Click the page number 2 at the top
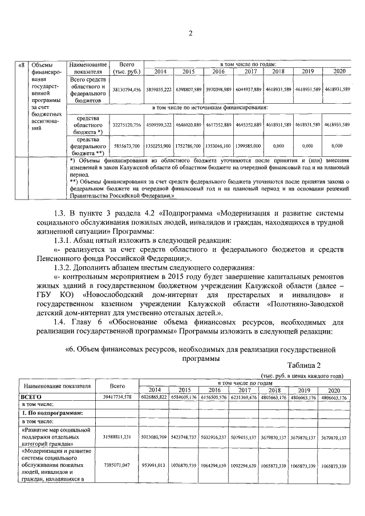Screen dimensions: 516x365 190,32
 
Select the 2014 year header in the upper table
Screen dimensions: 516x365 156,71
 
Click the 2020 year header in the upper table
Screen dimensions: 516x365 338,71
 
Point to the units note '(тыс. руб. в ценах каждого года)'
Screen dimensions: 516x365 301,376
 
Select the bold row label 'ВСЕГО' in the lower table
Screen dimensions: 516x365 31,396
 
